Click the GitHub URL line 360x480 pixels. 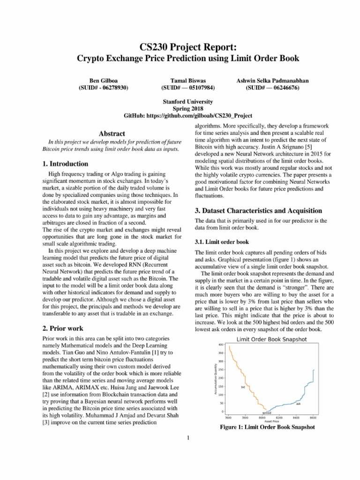point(187,116)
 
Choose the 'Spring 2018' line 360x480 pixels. point(187,109)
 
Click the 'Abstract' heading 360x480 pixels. point(108,134)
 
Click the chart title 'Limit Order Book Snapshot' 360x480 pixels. point(268,339)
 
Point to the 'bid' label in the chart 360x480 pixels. point(243,387)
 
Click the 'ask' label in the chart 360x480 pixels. point(298,404)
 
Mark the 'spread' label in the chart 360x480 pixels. point(266,413)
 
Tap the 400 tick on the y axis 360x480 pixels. point(221,345)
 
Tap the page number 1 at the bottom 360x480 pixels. point(187,438)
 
